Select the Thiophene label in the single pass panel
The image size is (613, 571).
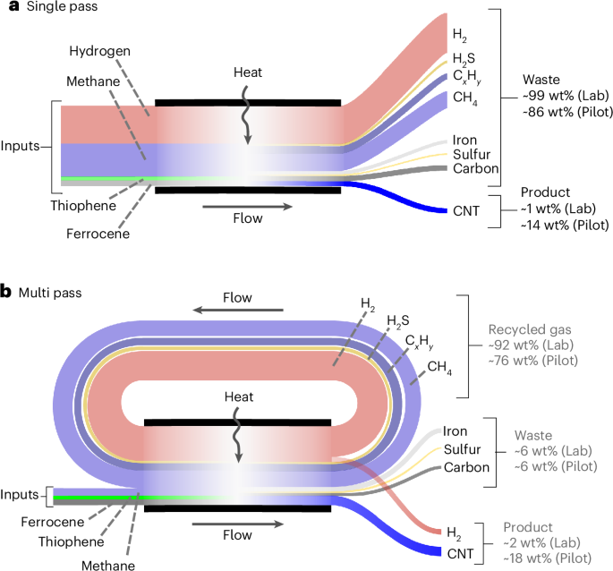[93, 204]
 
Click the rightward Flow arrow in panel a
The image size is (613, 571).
[246, 207]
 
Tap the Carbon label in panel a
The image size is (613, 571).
[474, 167]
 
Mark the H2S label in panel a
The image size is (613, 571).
[463, 59]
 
